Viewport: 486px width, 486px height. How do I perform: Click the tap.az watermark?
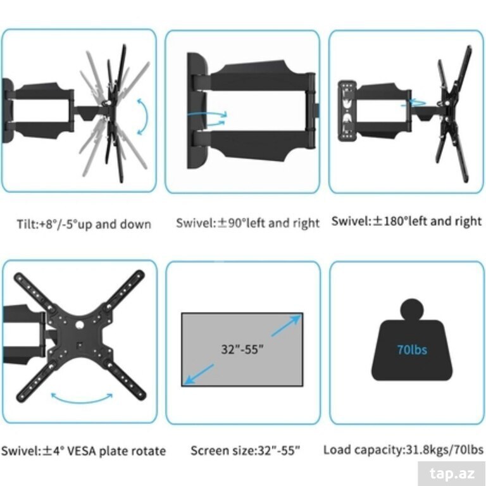(452, 473)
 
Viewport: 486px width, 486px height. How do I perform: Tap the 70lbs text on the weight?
(412, 350)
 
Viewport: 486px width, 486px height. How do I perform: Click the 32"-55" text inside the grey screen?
(242, 349)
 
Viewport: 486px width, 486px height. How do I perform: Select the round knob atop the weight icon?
(412, 310)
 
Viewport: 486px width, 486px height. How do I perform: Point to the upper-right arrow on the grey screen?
(287, 325)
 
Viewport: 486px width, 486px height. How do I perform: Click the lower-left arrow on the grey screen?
(199, 375)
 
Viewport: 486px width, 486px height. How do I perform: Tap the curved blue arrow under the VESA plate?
(82, 400)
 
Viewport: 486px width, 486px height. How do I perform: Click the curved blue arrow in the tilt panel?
(145, 116)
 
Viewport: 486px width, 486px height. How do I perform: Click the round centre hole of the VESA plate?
(80, 325)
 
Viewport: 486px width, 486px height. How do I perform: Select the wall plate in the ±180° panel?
(347, 111)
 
